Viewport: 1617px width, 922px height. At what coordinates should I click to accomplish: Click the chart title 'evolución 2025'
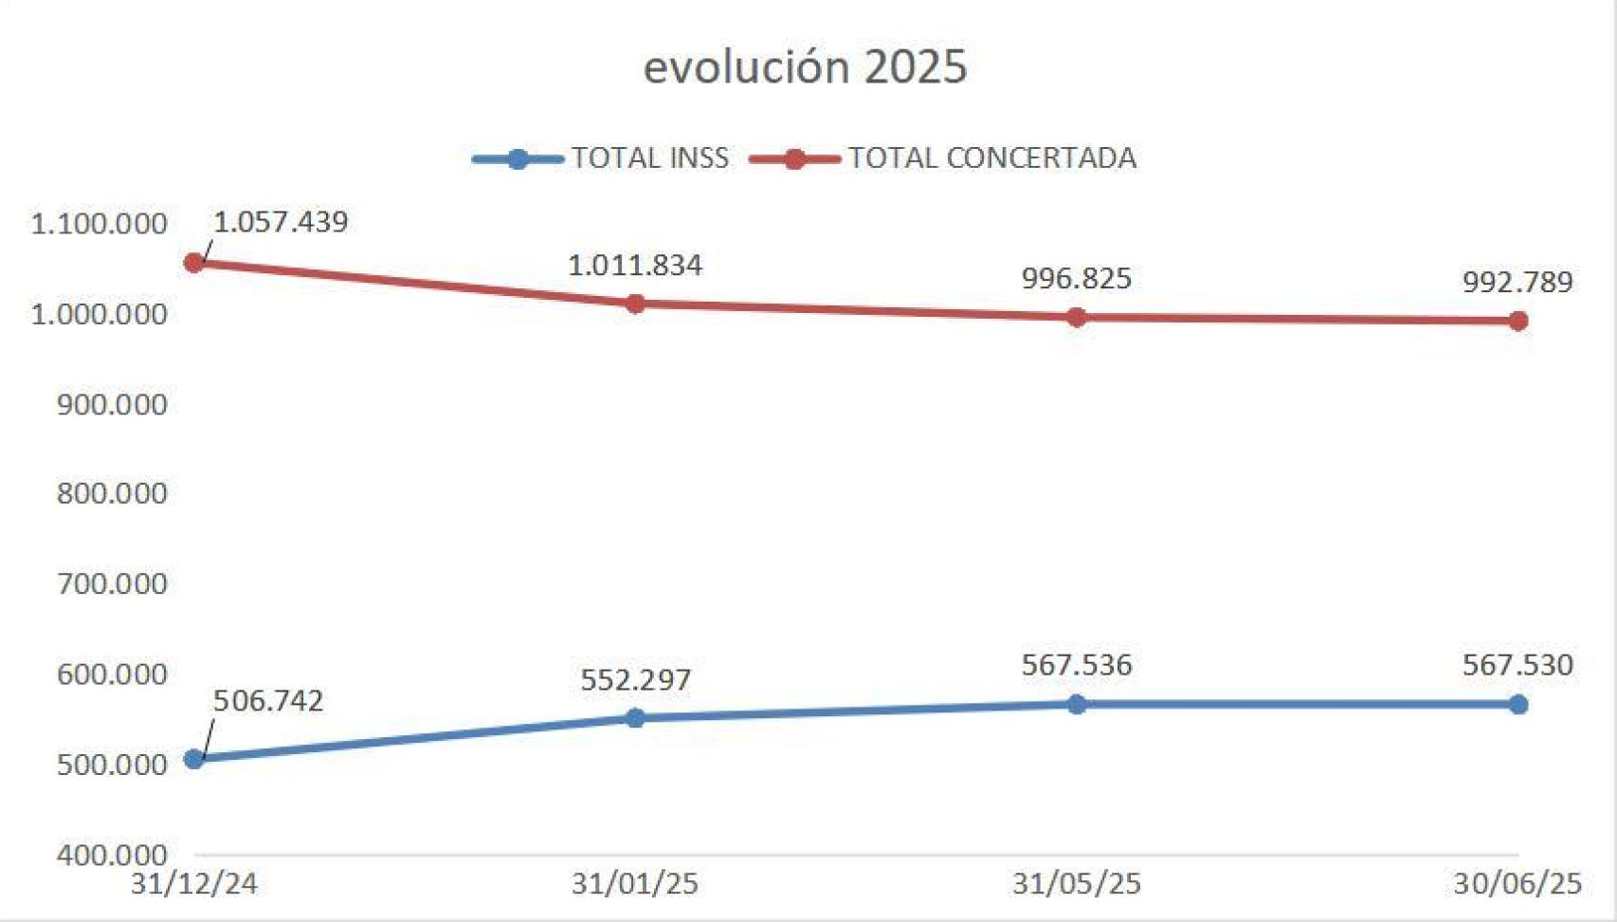coord(805,67)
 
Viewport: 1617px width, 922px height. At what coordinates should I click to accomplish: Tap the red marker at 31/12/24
coord(194,263)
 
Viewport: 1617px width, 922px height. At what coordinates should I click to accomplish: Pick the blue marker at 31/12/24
coord(194,759)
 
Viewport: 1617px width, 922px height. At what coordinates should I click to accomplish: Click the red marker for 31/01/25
coord(635,304)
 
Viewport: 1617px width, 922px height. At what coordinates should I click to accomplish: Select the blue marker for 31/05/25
coord(1076,704)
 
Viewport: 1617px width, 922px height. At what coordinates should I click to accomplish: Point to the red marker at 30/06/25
coord(1517,321)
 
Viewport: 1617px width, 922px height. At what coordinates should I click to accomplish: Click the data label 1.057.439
coord(281,222)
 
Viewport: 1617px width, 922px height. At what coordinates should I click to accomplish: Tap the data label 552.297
coord(635,680)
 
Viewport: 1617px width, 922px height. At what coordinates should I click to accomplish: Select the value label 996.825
coord(1076,279)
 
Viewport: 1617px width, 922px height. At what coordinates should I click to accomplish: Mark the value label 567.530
coord(1517,665)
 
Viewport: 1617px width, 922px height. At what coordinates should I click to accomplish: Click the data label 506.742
coord(268,701)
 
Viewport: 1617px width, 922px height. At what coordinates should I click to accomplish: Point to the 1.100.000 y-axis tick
coord(99,225)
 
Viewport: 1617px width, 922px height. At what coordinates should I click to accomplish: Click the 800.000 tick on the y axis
coord(112,493)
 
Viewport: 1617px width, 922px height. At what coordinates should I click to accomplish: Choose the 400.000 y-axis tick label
coord(112,855)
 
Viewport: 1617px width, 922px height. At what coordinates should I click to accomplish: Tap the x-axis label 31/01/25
coord(635,884)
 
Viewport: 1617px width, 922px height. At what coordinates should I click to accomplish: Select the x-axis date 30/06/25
coord(1517,884)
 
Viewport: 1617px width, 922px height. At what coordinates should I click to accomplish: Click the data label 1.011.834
coord(635,266)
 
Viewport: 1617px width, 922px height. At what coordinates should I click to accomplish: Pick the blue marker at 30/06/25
coord(1517,704)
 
